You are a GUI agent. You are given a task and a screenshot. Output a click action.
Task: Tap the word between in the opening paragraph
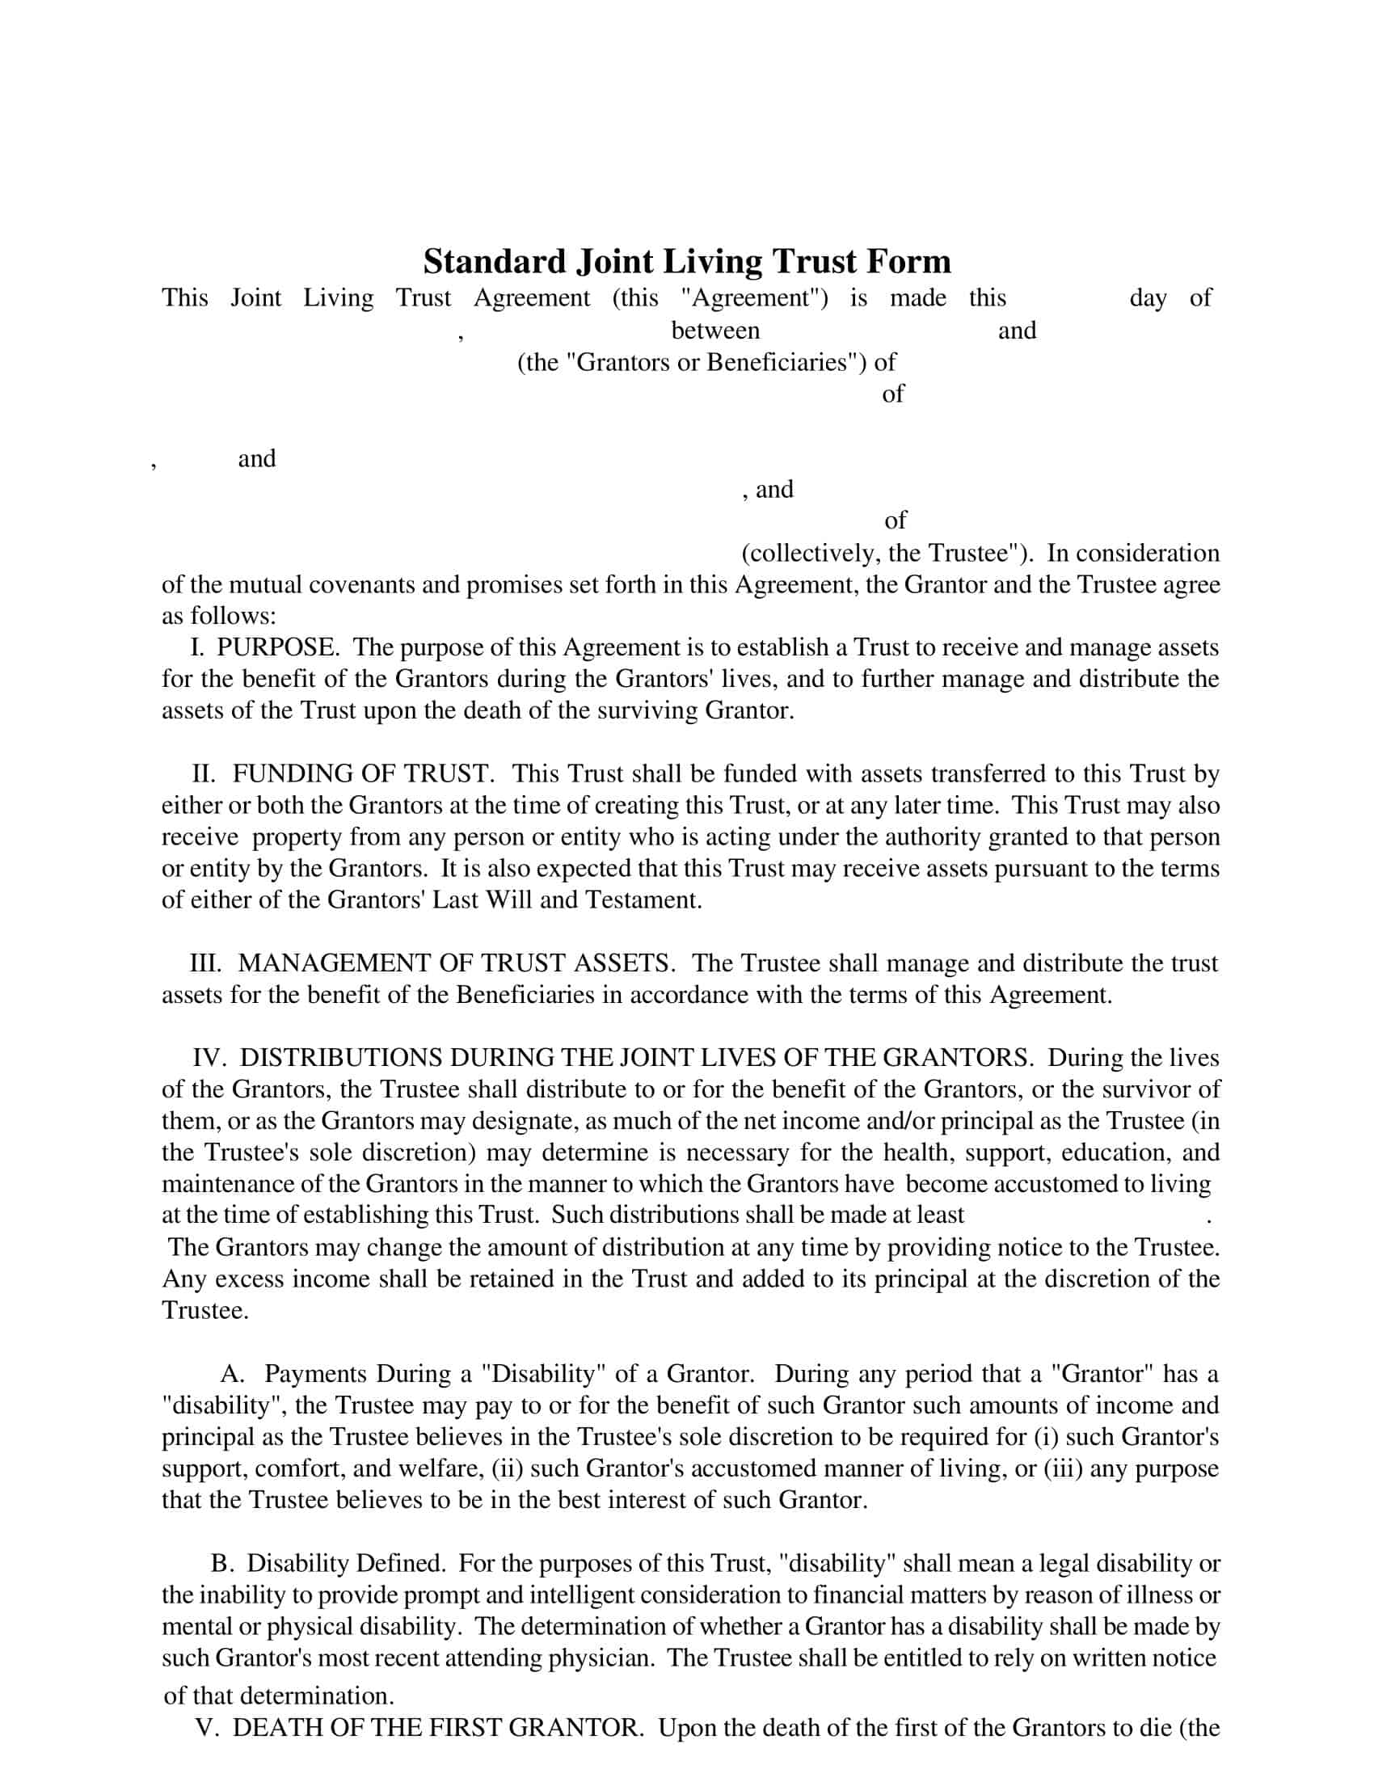pos(714,331)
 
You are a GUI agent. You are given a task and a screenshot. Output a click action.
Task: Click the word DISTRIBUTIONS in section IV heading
pos(341,1059)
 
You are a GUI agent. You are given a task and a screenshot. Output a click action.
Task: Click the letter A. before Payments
pos(233,1374)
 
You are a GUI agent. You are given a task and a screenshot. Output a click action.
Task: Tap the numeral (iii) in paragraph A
pos(1062,1468)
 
